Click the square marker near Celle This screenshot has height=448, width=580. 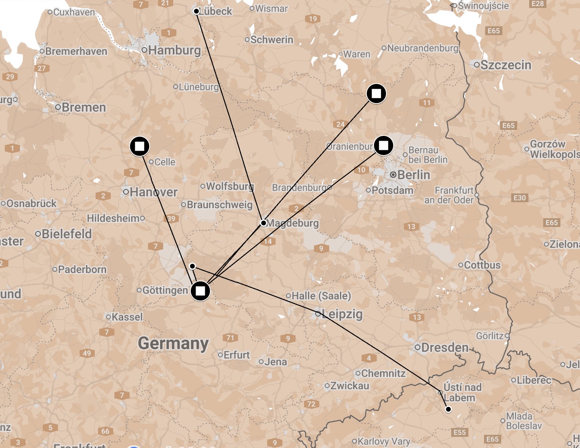pos(140,146)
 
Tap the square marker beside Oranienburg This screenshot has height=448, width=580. pos(383,145)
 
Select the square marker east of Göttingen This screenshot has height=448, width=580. pos(200,291)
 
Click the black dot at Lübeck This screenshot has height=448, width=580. pos(196,11)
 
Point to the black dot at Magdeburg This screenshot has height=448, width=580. pos(263,223)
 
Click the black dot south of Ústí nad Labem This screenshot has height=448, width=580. pos(448,409)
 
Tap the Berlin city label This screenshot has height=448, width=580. pos(414,175)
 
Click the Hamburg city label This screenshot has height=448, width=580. pos(174,50)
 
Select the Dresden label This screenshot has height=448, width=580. pos(444,348)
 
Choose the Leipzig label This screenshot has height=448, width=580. pos(342,314)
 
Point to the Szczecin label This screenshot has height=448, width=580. pos(506,65)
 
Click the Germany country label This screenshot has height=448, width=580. pos(173,343)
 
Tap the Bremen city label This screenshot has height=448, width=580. pos(84,108)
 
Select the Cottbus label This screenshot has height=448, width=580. pos(482,265)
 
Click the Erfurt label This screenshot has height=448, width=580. pos(236,355)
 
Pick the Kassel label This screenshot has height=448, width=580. pos(127,317)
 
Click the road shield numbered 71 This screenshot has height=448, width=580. pos(230,338)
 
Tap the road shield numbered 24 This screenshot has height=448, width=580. pos(340,124)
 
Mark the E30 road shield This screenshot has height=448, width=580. pos(520,198)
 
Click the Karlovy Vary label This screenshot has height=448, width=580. pos(384,442)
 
